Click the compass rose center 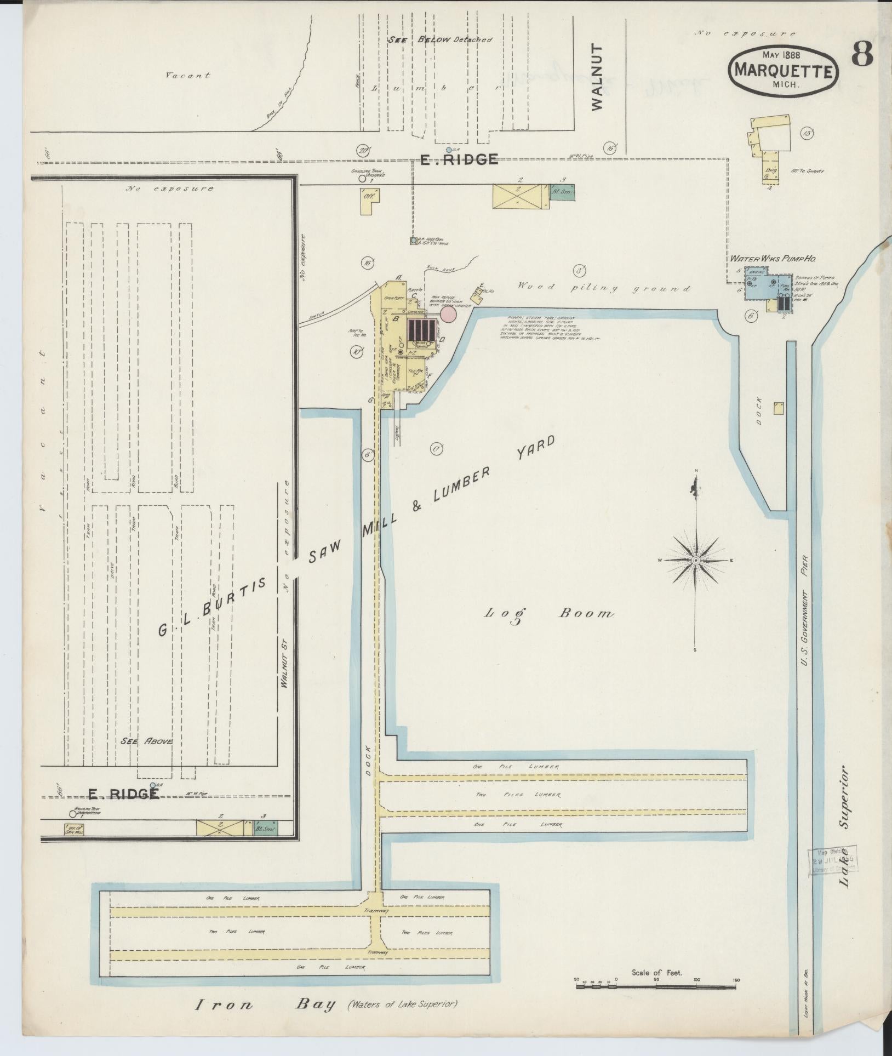[695, 560]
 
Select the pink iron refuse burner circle [448, 314]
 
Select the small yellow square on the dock [778, 408]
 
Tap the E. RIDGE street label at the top [459, 159]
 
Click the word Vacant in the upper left [188, 76]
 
